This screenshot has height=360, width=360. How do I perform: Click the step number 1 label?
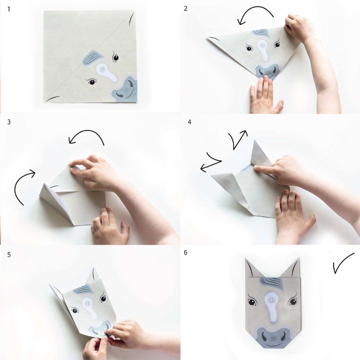click(x=9, y=9)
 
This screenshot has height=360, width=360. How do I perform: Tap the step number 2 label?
click(x=186, y=9)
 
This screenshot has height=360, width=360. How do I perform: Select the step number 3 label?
click(x=9, y=122)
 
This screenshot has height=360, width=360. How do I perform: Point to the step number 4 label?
click(x=189, y=122)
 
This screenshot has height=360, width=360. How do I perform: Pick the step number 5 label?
click(x=9, y=255)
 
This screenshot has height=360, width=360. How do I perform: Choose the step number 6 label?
click(x=186, y=252)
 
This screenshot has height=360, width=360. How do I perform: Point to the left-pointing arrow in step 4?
click(x=210, y=162)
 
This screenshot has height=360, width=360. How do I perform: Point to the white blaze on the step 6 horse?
click(x=272, y=308)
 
